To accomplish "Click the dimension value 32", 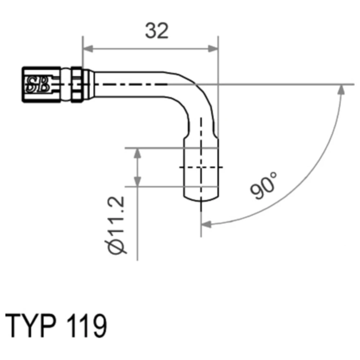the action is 157,31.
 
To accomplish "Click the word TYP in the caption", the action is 31,325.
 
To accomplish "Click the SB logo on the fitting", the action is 37,84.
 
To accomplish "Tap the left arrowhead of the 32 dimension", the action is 88,49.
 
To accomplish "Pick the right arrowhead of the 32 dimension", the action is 213,49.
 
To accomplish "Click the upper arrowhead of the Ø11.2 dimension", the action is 137,153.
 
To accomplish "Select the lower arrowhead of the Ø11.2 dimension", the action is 137,181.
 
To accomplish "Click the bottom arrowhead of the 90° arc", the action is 206,224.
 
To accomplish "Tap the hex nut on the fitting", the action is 77,85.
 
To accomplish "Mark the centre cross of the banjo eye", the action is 201,167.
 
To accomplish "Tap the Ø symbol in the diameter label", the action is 117,247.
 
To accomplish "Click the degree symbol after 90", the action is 274,176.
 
